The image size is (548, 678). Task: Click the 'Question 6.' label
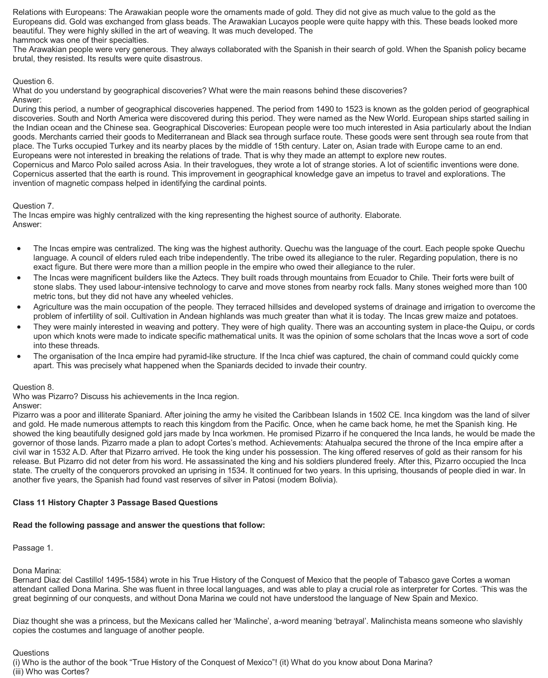click(x=33, y=81)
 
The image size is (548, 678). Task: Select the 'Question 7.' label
click(x=33, y=206)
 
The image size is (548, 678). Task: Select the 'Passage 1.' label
click(x=33, y=548)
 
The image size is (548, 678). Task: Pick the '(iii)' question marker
click(x=18, y=672)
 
